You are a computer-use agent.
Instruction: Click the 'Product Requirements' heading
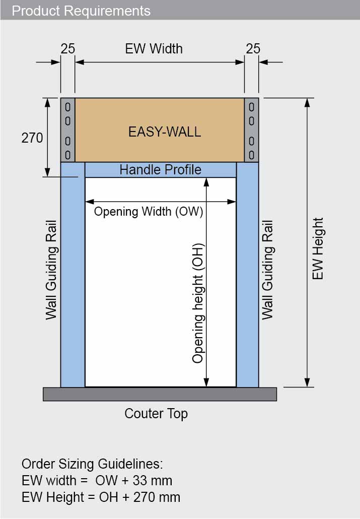[81, 11]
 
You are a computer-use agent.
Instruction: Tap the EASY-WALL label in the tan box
[165, 132]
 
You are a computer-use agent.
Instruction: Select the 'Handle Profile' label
[160, 170]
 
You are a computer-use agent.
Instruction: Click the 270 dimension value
[32, 138]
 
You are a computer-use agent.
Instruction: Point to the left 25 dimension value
[68, 48]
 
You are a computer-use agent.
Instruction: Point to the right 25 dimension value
[253, 48]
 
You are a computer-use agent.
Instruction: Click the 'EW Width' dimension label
[154, 48]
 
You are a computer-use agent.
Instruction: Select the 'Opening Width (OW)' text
[149, 211]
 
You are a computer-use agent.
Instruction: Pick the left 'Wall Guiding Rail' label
[51, 269]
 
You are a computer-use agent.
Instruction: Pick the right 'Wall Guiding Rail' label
[267, 269]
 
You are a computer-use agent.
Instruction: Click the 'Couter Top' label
[156, 414]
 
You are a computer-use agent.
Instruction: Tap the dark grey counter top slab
[160, 394]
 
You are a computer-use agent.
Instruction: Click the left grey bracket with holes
[68, 130]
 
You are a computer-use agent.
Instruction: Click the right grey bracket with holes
[251, 130]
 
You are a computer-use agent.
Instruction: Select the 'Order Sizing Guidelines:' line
[92, 464]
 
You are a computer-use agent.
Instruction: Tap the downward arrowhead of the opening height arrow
[206, 382]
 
